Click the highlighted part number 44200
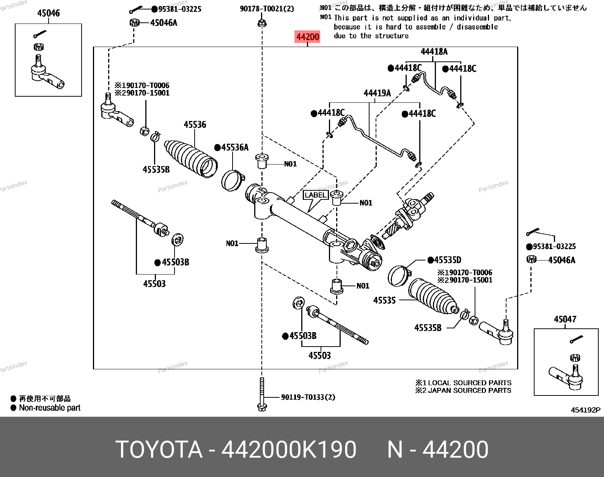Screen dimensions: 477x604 pyautogui.click(x=308, y=37)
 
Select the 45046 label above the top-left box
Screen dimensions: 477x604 pyautogui.click(x=48, y=13)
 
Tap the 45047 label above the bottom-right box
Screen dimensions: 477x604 pyautogui.click(x=565, y=319)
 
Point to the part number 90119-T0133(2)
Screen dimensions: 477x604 pyautogui.click(x=308, y=397)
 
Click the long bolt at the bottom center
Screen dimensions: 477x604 pyautogui.click(x=262, y=394)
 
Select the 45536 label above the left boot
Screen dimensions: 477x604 pyautogui.click(x=195, y=124)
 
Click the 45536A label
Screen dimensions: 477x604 pyautogui.click(x=234, y=147)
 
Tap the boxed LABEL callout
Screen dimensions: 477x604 pyautogui.click(x=316, y=195)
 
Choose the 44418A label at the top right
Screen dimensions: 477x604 pyautogui.click(x=434, y=52)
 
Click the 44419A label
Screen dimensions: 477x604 pyautogui.click(x=377, y=93)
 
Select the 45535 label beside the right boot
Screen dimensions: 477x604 pyautogui.click(x=384, y=300)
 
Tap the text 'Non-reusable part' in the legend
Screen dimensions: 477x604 pyautogui.click(x=50, y=408)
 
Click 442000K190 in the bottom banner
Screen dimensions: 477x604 pyautogui.click(x=289, y=450)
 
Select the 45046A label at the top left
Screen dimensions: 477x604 pyautogui.click(x=164, y=23)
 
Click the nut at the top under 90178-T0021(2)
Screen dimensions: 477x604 pyautogui.click(x=261, y=23)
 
